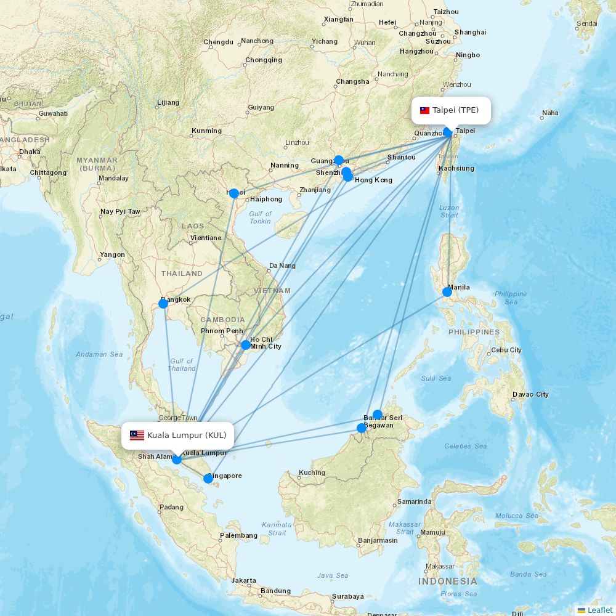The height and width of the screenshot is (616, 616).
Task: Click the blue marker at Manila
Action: [x=447, y=292]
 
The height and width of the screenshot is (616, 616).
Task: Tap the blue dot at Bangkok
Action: [x=163, y=304]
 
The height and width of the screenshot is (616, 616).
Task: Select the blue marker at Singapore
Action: [x=208, y=479]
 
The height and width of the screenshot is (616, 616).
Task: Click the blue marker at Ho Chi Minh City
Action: [x=246, y=345]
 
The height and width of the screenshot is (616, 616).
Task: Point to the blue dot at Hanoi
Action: [x=234, y=193]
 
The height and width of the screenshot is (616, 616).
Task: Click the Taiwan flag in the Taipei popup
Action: [x=424, y=111]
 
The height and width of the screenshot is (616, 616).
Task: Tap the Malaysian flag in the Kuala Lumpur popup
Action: [x=137, y=436]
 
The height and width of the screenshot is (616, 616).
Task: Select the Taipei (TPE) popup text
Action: [x=455, y=110]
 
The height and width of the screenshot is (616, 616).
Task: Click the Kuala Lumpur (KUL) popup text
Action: [x=187, y=436]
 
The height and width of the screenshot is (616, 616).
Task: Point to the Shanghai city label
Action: [x=470, y=32]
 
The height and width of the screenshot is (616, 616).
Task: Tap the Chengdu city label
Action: [x=219, y=43]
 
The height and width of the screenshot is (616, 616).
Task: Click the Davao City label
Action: [x=530, y=394]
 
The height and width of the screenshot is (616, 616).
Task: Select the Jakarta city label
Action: [x=244, y=580]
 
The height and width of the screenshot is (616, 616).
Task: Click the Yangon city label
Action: [x=112, y=254]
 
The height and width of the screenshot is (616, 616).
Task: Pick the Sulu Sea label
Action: [x=436, y=378]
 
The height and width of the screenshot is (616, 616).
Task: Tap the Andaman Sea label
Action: [x=99, y=354]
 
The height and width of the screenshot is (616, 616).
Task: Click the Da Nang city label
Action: [x=282, y=266]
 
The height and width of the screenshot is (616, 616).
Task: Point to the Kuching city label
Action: [x=312, y=472]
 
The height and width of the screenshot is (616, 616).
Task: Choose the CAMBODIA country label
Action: [x=222, y=320]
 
